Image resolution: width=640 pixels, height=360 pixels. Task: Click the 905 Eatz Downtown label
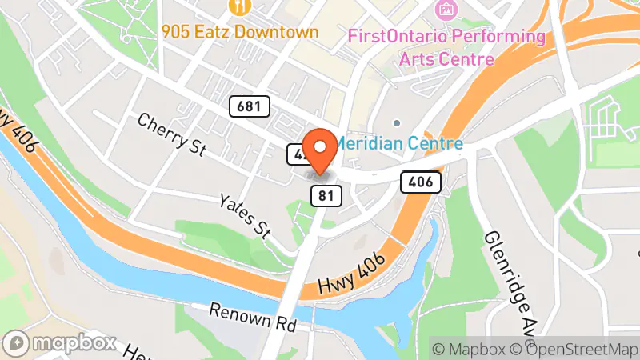coord(239,33)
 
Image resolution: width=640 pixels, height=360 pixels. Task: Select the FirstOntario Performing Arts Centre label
coord(446,38)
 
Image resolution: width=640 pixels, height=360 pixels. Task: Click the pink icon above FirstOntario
coord(444,10)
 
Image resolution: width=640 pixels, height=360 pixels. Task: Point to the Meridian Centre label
coord(398,144)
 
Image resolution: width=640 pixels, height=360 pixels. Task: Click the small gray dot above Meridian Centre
coord(397,123)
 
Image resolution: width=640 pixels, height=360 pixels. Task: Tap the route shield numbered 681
coord(249,106)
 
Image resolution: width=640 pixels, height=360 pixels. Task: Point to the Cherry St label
coord(172,134)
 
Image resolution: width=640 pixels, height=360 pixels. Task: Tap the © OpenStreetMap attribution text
coord(578,349)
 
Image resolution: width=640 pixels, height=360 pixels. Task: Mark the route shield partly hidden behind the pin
coord(296,154)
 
